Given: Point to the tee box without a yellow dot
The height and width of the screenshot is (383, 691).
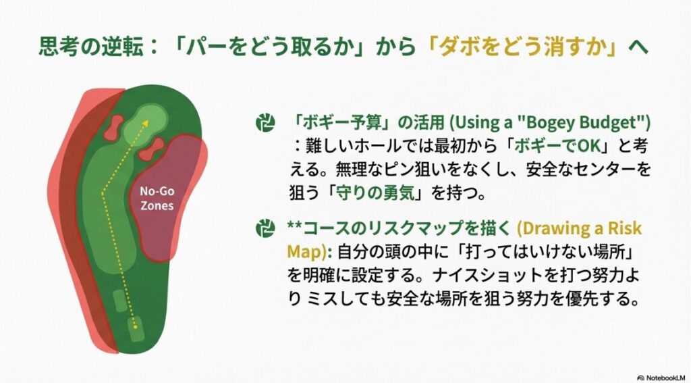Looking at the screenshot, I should [120, 301].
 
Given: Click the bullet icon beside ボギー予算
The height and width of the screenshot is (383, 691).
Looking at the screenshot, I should [265, 123].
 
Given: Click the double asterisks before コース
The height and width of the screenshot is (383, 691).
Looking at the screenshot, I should [296, 227].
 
